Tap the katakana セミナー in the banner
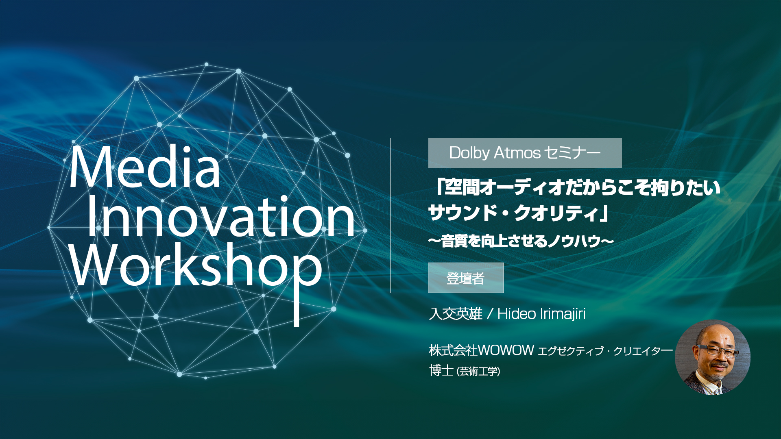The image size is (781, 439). [572, 153]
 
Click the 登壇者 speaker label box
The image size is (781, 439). [466, 278]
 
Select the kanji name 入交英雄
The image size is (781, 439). [456, 314]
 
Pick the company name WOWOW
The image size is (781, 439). [506, 350]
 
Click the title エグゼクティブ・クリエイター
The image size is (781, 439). [605, 351]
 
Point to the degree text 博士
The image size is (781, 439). [441, 370]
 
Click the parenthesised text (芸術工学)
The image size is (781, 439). [478, 371]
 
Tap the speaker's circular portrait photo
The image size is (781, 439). [713, 357]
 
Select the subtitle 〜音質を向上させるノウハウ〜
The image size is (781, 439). [521, 241]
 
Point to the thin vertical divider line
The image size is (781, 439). [390, 215]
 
